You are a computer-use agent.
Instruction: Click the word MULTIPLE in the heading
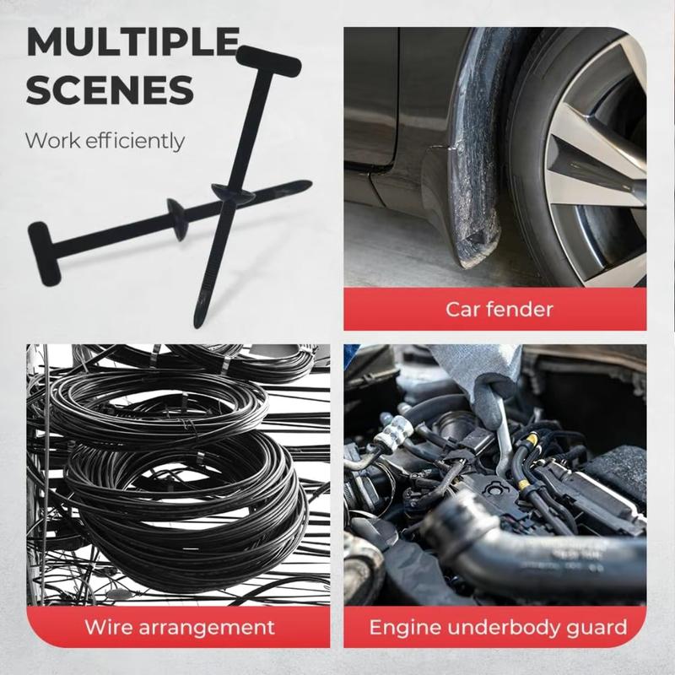coord(132,42)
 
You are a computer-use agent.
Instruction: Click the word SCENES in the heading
coord(109,89)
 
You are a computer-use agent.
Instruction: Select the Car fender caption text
coord(499,309)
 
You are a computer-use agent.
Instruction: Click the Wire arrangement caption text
coord(179,627)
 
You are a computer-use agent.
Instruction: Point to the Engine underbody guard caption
coord(498,627)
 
